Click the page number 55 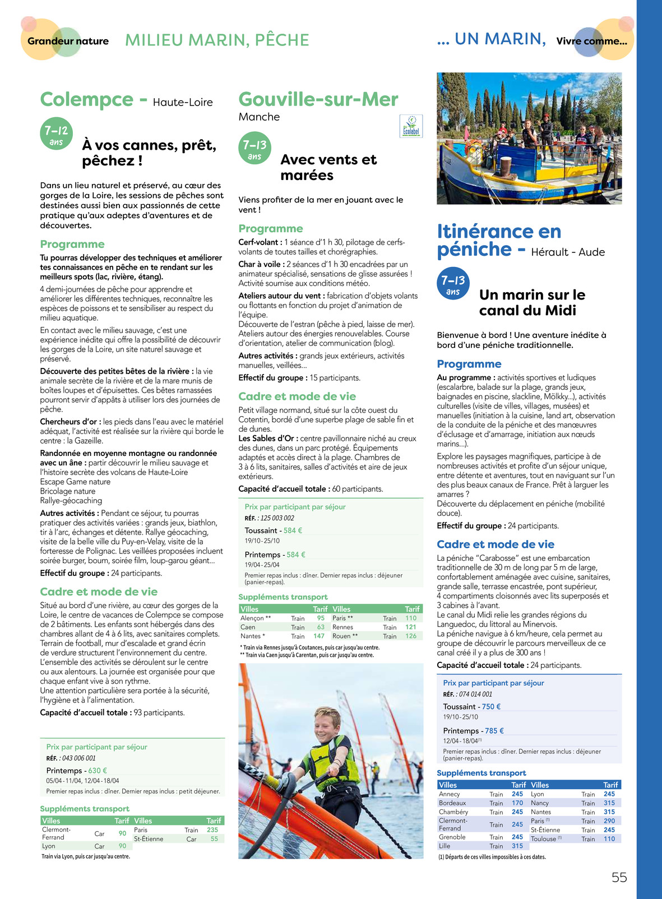[x=619, y=878]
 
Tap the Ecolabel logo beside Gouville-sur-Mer [x=411, y=126]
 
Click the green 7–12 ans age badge [x=56, y=135]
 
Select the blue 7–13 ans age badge [x=453, y=284]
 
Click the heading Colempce [x=87, y=99]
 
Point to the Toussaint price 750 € [x=491, y=707]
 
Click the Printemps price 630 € [x=98, y=771]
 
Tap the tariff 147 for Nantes [x=319, y=636]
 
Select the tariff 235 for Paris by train [x=212, y=830]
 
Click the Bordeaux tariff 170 [x=517, y=803]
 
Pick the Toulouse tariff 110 [x=609, y=839]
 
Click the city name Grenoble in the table [x=452, y=837]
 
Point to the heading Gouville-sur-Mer [x=318, y=99]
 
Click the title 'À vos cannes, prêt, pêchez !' [x=149, y=153]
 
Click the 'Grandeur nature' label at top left [x=68, y=41]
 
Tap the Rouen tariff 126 [x=411, y=636]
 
